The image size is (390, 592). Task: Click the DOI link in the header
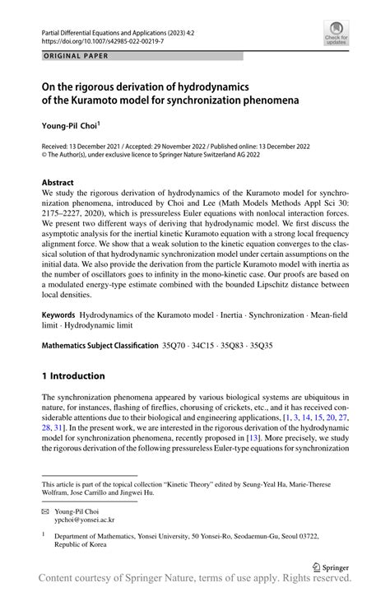[x=97, y=39]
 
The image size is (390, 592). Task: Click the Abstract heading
[x=59, y=181]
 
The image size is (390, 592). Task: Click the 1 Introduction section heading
[x=74, y=376]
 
